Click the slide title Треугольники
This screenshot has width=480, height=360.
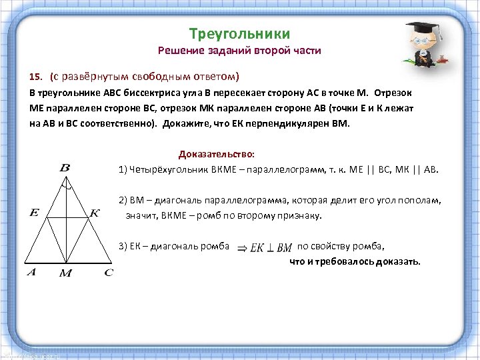pos(239,33)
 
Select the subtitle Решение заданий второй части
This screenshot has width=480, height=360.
pos(239,51)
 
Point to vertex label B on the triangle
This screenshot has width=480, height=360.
pos(65,168)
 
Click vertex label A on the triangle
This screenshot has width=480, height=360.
pos(31,272)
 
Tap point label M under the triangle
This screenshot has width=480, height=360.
pos(65,273)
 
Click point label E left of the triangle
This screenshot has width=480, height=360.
pos(34,213)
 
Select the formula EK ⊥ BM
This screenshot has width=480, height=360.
pos(271,247)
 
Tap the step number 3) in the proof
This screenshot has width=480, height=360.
pos(123,246)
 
